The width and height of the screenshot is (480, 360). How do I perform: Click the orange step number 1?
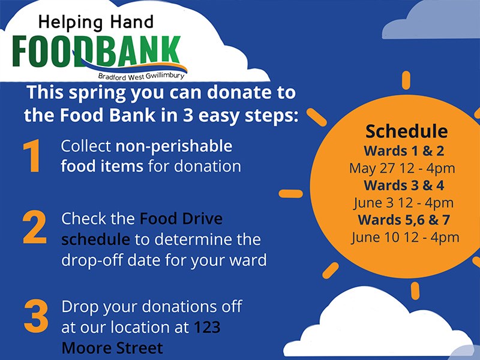click(32, 155)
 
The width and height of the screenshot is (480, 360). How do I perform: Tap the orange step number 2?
click(35, 227)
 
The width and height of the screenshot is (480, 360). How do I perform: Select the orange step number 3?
click(36, 316)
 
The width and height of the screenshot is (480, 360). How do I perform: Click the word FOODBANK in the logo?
click(97, 51)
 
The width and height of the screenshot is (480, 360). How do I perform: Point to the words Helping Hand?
click(96, 23)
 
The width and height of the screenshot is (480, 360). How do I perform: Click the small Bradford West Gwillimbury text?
click(142, 76)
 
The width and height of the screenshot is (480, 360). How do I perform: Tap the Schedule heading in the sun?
click(407, 131)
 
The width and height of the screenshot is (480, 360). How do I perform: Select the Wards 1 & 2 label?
click(404, 151)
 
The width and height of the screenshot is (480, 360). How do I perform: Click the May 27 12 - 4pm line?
click(402, 169)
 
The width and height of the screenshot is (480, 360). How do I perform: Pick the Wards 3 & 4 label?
click(404, 185)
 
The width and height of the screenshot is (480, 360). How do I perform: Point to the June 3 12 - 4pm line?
click(403, 203)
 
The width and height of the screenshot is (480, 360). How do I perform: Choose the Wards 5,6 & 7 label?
click(404, 220)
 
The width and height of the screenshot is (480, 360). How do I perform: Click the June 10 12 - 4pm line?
click(405, 238)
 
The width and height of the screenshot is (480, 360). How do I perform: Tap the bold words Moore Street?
click(112, 348)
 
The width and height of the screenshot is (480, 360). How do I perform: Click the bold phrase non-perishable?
click(173, 146)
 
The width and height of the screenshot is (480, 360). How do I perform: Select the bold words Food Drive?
click(181, 218)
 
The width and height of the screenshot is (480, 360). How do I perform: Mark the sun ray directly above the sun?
click(406, 80)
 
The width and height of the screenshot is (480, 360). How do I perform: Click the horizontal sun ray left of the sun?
click(291, 194)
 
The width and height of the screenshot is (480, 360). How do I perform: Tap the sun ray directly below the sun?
click(415, 291)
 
